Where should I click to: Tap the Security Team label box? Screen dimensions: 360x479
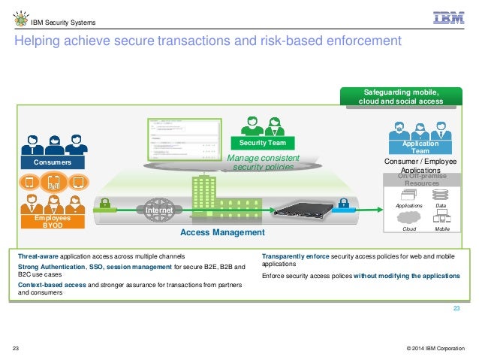263,142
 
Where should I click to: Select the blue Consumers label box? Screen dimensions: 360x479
52,162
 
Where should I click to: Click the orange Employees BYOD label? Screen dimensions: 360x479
52,220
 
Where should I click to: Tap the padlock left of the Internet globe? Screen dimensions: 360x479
104,202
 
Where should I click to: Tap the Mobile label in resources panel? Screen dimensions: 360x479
441,228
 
